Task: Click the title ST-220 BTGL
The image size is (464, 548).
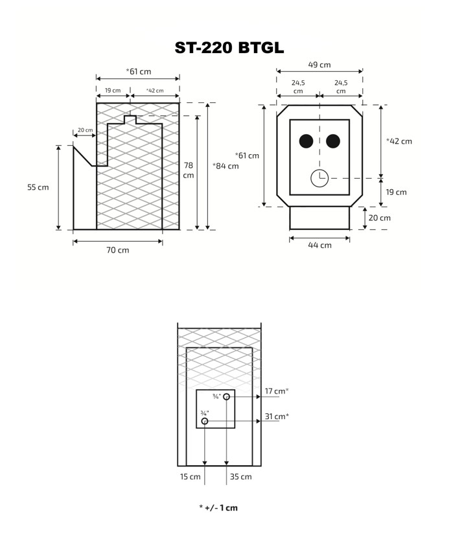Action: (229, 48)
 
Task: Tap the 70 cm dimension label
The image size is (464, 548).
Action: (118, 250)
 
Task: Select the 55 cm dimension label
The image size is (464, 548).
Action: (38, 187)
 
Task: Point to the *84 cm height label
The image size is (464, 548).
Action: (226, 166)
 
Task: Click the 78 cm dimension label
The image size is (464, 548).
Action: (188, 170)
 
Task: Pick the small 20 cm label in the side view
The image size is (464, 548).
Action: (85, 130)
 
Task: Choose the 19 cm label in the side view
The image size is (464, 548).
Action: (113, 91)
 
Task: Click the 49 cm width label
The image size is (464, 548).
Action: (319, 65)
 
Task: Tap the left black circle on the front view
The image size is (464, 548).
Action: (306, 141)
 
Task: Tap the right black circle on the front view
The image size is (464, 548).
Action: (333, 141)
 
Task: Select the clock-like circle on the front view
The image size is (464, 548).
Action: (319, 178)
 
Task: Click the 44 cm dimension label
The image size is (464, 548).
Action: (320, 245)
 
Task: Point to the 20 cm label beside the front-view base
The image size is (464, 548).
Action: (380, 218)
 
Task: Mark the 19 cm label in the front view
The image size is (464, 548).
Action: (396, 192)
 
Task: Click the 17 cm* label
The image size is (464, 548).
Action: (277, 391)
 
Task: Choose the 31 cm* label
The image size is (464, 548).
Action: (277, 417)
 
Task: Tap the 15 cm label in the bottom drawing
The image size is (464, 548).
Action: (191, 477)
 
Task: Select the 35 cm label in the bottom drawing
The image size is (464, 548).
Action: (241, 477)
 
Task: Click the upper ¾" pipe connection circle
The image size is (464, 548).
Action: (226, 396)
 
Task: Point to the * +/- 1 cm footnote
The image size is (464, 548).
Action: (218, 508)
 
